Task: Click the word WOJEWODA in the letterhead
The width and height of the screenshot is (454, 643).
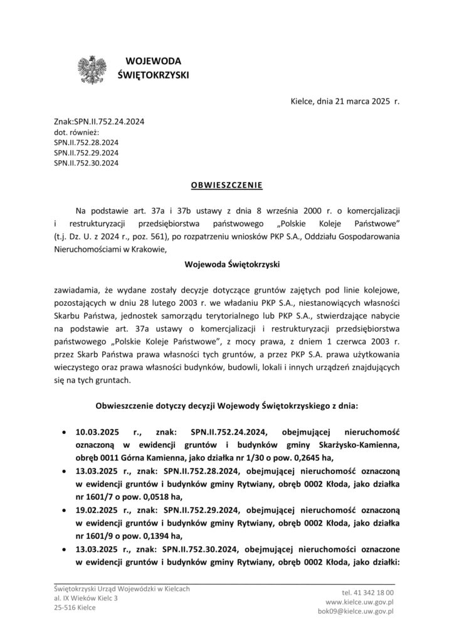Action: point(153,61)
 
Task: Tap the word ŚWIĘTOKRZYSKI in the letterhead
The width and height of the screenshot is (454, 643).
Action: point(153,75)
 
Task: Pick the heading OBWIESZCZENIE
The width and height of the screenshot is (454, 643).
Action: point(226,185)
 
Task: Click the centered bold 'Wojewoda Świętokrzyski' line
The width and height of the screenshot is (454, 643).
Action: point(226,264)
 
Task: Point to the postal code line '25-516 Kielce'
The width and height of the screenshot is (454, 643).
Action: point(71,608)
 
